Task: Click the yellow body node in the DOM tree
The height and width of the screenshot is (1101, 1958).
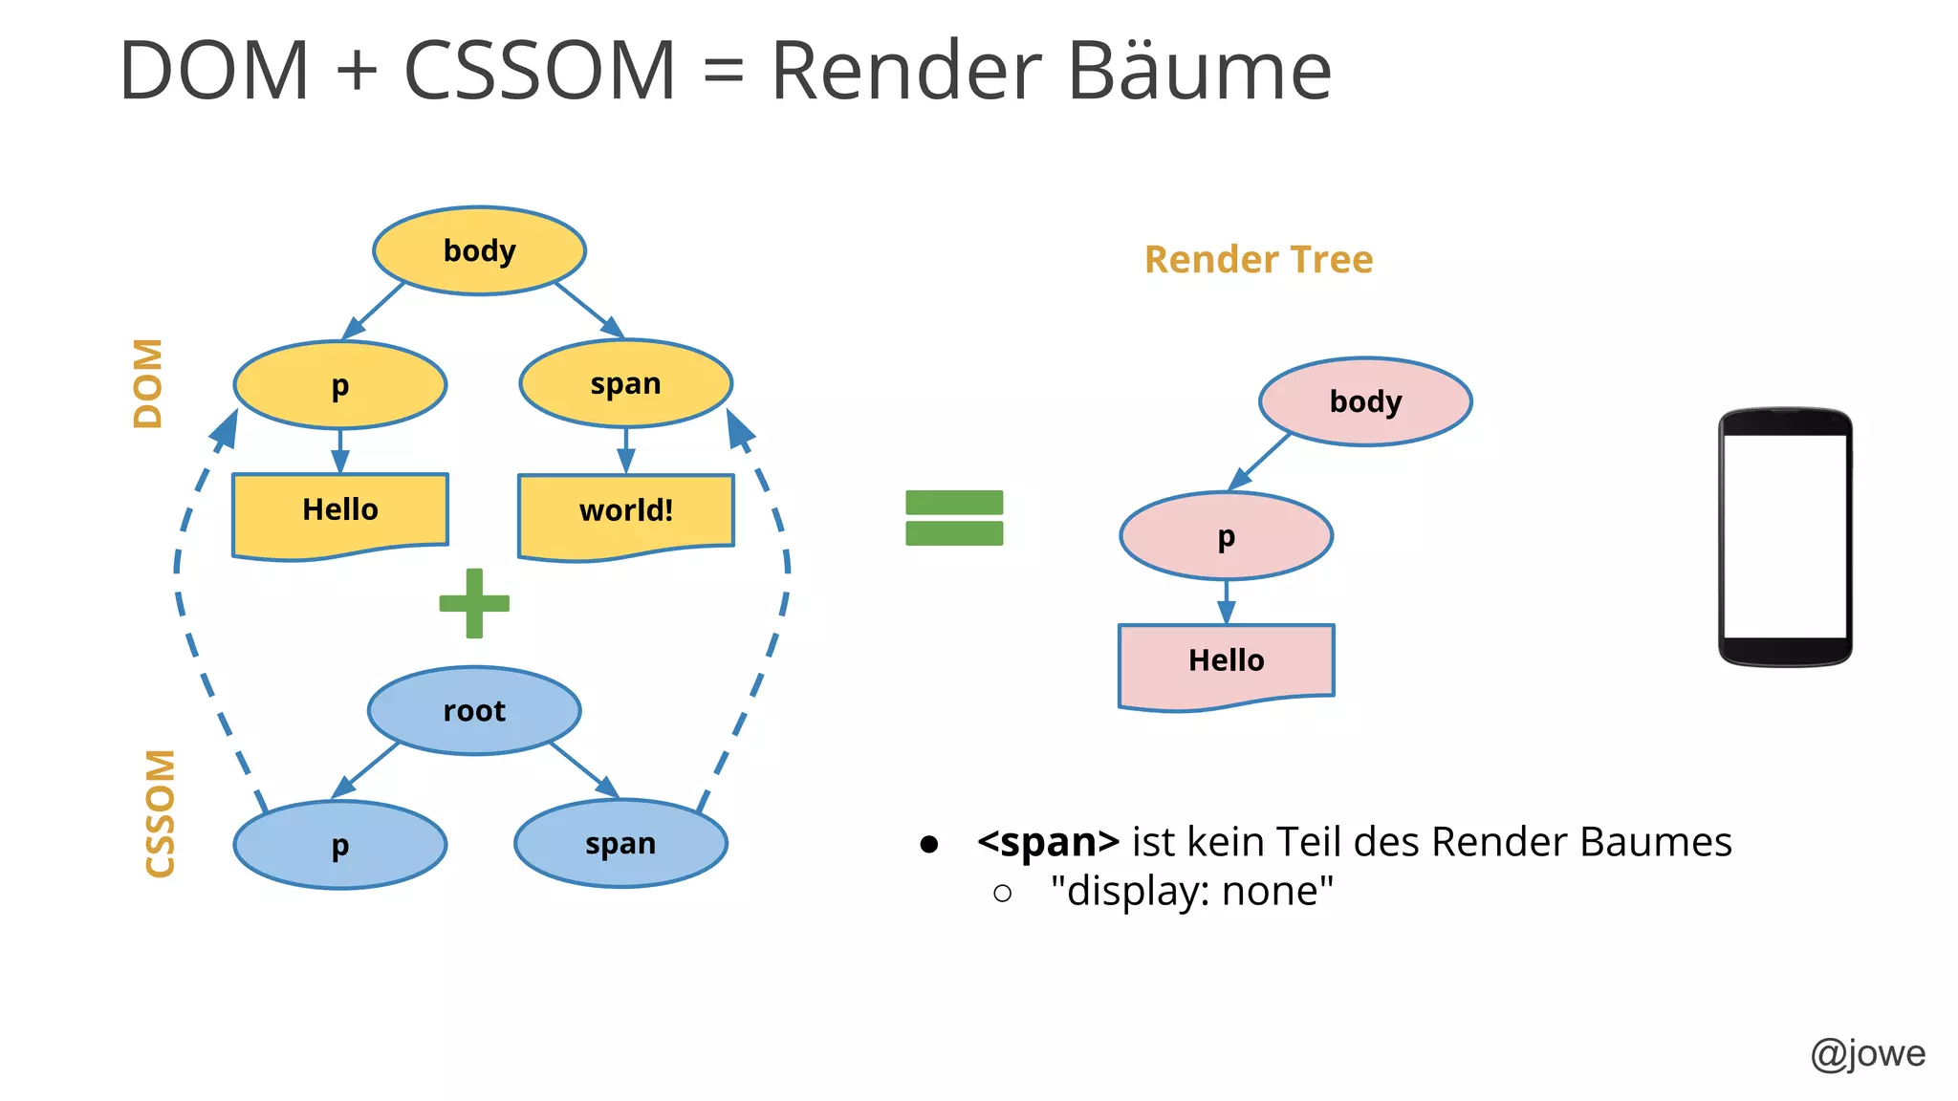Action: (479, 250)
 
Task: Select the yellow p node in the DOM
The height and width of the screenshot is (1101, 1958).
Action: (340, 385)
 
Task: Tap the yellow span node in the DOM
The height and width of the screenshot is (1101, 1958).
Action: (625, 383)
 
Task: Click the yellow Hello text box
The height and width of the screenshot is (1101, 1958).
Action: (340, 511)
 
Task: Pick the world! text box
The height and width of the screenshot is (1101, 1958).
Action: (625, 512)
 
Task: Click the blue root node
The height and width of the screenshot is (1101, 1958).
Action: (474, 710)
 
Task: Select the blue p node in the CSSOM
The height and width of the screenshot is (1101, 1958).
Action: (340, 845)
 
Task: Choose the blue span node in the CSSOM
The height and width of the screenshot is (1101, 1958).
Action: (620, 843)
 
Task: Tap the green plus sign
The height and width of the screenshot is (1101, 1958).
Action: (474, 603)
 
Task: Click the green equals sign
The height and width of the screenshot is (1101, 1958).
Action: (954, 517)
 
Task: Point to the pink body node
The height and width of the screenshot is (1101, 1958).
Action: (1365, 401)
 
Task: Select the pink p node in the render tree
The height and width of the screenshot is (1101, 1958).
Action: (1226, 536)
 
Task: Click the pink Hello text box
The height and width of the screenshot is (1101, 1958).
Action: (1226, 662)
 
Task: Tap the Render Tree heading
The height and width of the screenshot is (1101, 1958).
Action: (1258, 259)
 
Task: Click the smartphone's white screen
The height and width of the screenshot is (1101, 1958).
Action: (1784, 536)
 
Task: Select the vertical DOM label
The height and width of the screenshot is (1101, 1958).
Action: (148, 383)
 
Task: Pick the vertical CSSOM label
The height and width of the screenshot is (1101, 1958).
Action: (160, 813)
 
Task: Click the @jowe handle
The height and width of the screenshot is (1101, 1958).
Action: (1867, 1053)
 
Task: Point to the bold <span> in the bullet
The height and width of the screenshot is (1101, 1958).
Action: (1048, 842)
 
